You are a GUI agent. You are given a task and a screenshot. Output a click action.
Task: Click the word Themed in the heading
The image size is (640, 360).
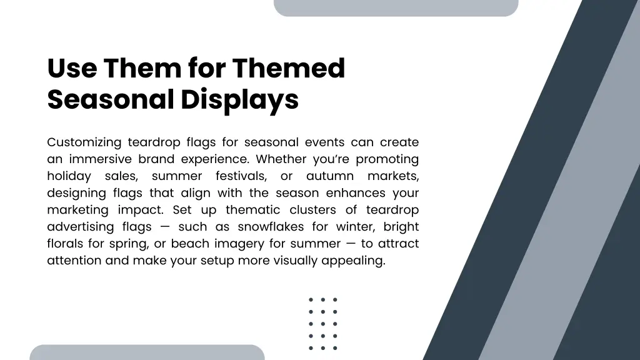pos(288,68)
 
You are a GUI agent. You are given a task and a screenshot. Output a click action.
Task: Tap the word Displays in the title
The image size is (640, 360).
pos(240,100)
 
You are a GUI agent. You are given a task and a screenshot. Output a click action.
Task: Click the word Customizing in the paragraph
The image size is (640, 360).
pos(84,142)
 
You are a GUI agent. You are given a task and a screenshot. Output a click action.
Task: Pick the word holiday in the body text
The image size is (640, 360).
pos(69,176)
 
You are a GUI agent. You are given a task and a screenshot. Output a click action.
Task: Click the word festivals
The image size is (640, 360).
pos(240,176)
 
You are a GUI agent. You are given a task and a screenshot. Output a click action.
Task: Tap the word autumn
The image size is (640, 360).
pos(330,176)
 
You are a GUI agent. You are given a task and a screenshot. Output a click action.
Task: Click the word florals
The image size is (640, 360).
pos(66,244)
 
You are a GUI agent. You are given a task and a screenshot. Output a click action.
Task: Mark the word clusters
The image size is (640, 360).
pos(321,210)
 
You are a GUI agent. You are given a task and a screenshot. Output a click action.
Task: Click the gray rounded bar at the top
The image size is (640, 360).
pos(396,7)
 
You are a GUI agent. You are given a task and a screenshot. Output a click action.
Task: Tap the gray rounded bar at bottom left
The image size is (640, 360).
pos(147,352)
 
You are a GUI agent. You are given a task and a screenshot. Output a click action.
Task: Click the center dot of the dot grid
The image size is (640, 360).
pos(323,324)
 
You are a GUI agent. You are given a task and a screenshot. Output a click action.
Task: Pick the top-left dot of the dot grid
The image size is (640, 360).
pos(311,300)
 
